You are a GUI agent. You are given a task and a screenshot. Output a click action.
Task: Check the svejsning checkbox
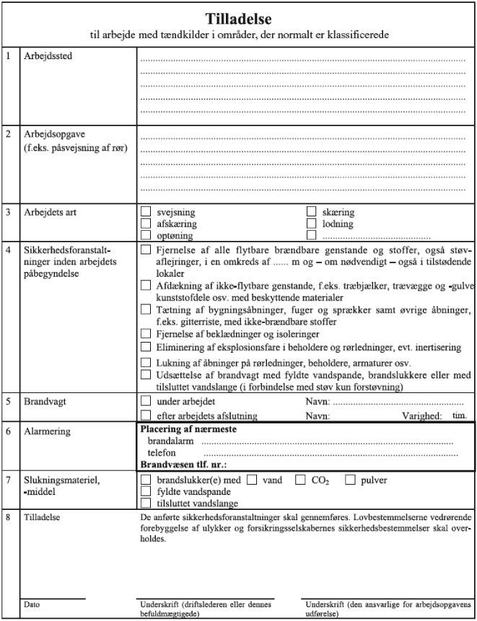(146, 212)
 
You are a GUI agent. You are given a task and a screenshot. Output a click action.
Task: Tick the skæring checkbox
(312, 212)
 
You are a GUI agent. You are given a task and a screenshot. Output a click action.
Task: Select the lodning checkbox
(312, 224)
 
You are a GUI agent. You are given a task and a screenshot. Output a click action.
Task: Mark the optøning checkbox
(146, 235)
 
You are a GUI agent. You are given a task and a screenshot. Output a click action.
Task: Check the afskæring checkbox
(146, 224)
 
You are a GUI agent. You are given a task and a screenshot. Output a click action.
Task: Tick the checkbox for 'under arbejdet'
(146, 401)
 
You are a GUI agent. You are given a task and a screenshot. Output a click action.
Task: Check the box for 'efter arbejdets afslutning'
(146, 415)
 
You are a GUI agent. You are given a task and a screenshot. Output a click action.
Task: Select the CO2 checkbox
(302, 480)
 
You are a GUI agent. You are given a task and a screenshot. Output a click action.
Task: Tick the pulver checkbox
(350, 480)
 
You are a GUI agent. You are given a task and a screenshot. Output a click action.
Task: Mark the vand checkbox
(252, 480)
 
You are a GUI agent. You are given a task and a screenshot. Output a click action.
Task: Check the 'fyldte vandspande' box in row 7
(146, 491)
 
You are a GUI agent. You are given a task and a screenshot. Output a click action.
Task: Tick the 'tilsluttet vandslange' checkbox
(146, 503)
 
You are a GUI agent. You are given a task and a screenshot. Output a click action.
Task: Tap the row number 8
(8, 517)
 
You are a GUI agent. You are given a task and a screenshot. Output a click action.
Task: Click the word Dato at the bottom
(32, 603)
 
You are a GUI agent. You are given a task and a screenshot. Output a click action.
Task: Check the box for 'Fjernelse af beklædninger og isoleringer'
(146, 335)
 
